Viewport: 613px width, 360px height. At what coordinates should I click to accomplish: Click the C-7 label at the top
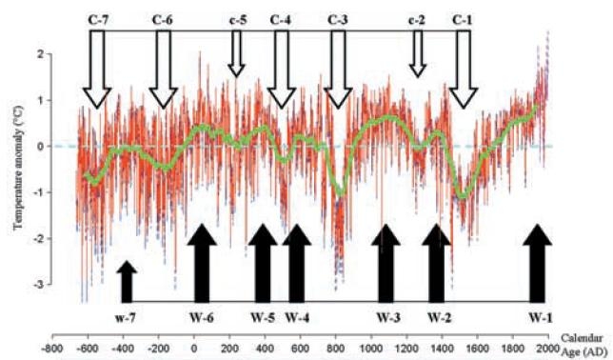click(x=98, y=20)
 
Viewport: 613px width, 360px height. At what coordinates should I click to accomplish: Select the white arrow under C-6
click(x=164, y=70)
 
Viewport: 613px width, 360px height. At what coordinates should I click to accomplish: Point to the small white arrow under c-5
click(x=236, y=53)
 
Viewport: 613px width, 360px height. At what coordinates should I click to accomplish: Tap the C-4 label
click(x=280, y=20)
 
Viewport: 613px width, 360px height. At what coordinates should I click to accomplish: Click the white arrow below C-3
click(x=338, y=70)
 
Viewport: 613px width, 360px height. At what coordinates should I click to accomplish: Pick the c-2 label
click(x=417, y=20)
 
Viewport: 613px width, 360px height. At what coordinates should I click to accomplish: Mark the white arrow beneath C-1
click(x=464, y=70)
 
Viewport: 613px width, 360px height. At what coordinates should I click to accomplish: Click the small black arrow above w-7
click(x=127, y=282)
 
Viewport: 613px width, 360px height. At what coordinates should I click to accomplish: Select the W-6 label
click(x=202, y=317)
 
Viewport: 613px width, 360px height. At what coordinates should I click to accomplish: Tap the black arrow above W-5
click(x=263, y=263)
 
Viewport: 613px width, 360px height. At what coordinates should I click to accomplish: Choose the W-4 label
click(x=297, y=317)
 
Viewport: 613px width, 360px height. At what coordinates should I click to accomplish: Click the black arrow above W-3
click(x=386, y=263)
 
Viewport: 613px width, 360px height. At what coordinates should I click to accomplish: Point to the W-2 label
click(x=439, y=317)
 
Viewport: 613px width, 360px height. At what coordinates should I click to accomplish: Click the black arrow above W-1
click(x=538, y=263)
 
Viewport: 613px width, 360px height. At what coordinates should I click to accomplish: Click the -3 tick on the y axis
click(x=42, y=285)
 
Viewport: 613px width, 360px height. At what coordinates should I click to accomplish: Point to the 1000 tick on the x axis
click(x=371, y=348)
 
